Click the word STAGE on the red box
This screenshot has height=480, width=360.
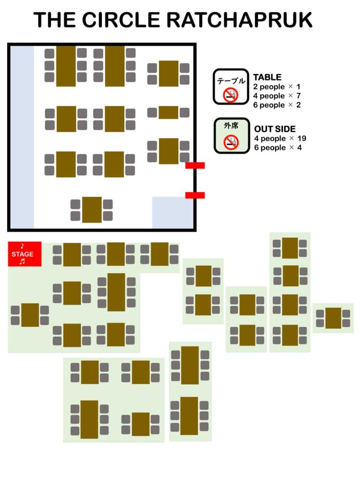[x=22, y=254]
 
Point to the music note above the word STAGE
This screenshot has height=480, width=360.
[x=22, y=246]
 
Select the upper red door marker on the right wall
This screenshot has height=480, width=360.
[x=195, y=165]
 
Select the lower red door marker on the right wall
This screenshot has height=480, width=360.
[x=195, y=195]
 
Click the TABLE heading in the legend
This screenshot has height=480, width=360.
[x=267, y=77]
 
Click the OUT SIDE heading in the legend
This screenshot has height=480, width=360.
[x=275, y=129]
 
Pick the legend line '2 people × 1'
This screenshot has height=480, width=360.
[x=277, y=87]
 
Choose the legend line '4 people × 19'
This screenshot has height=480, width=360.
[x=279, y=138]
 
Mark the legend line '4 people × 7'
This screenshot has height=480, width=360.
[x=277, y=96]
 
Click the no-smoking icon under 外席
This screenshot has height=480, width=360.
[x=231, y=142]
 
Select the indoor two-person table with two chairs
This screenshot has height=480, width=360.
[x=168, y=112]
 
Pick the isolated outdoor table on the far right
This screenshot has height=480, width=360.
[x=333, y=318]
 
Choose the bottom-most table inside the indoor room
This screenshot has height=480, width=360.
[x=92, y=210]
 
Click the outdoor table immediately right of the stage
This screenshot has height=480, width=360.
[x=72, y=255]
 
